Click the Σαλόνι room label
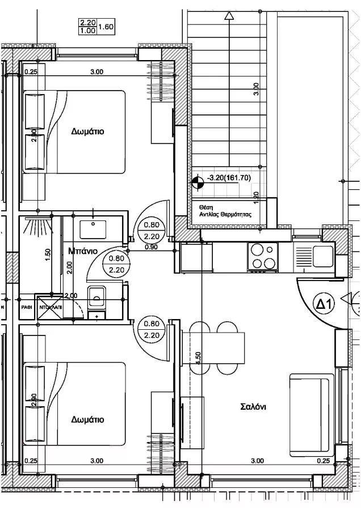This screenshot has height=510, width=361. (x=254, y=406)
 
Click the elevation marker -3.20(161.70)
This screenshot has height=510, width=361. (x=229, y=177)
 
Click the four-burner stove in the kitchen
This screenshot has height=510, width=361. (x=262, y=256)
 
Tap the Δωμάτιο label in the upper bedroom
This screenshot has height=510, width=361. (x=87, y=131)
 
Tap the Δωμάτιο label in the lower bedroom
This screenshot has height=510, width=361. (x=87, y=420)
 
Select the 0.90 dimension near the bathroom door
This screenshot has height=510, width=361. (x=151, y=247)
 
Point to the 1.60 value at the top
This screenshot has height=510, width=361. (x=106, y=26)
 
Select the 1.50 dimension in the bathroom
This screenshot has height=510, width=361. (x=48, y=253)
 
